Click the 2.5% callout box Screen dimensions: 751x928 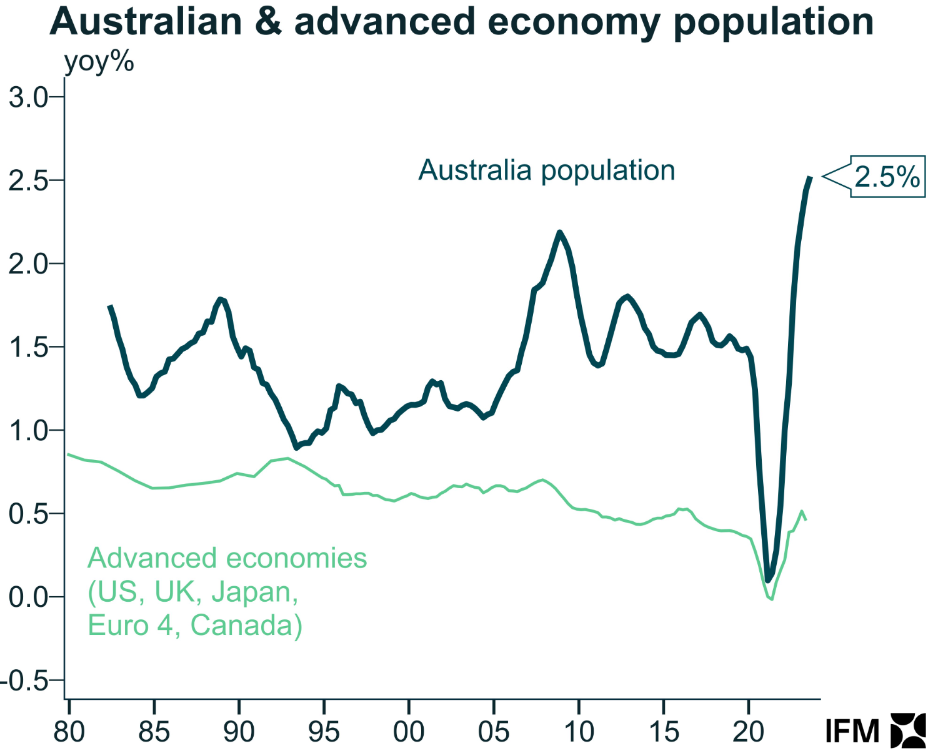point(887,177)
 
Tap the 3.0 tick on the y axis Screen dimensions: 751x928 point(29,97)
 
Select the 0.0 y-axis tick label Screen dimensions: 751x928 point(29,597)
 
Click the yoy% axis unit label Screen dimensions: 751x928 point(99,62)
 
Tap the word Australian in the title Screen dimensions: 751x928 point(146,21)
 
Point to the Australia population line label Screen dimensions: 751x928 point(547,170)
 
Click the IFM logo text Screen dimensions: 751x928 point(851,731)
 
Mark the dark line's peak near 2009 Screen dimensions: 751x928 point(559,232)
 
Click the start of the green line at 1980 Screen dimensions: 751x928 point(68,454)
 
